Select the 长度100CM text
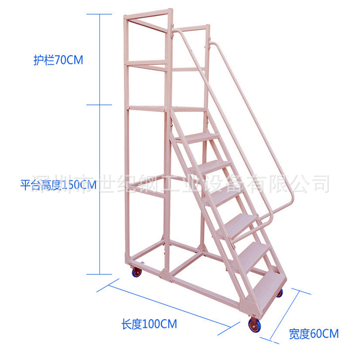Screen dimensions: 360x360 tap(149, 324)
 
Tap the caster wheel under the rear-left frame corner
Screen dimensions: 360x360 tap(137, 273)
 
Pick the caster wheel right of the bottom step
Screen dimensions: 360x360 tap(279, 292)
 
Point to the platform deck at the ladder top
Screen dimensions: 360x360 tap(185, 108)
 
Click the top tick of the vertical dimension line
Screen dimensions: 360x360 tap(99, 14)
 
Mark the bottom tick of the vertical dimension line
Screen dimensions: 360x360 tap(99, 274)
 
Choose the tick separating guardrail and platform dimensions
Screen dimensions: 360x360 tap(99, 105)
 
